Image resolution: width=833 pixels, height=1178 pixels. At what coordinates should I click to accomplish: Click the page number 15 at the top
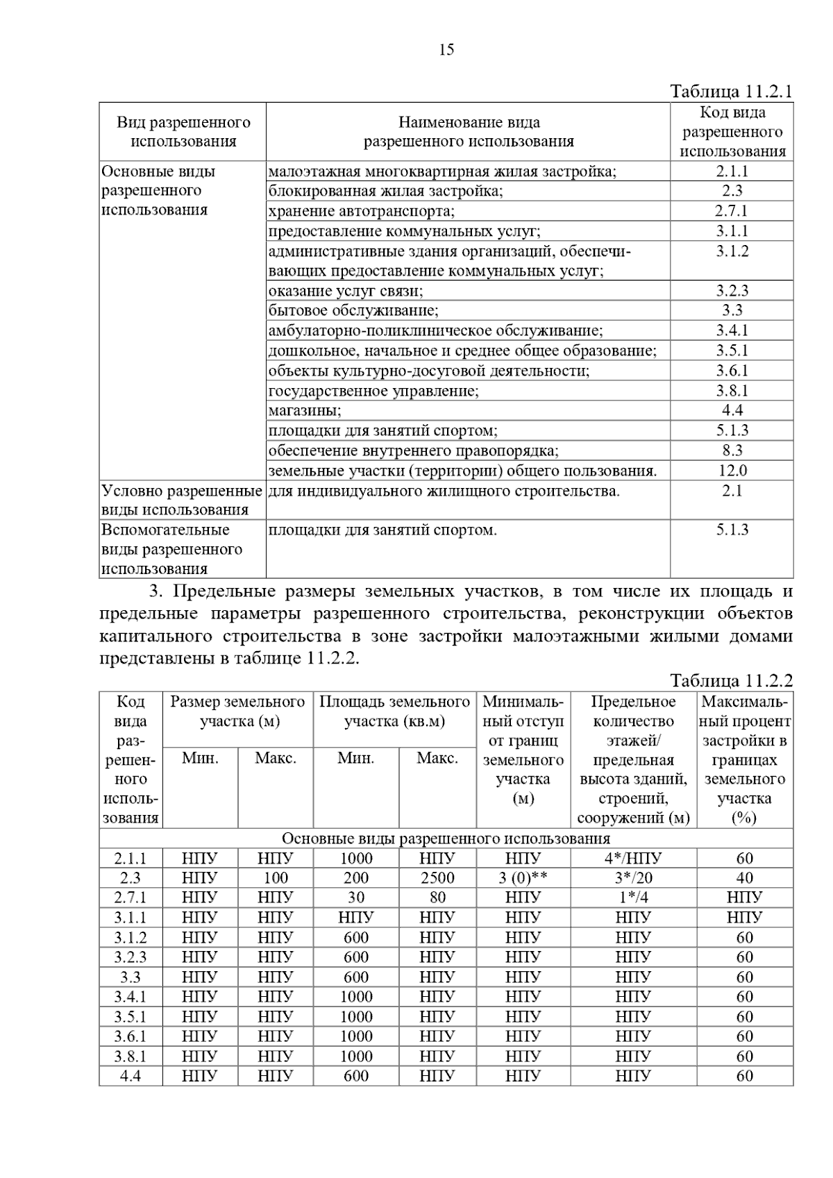click(x=446, y=49)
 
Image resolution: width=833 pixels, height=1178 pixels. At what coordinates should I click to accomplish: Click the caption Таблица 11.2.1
click(x=731, y=92)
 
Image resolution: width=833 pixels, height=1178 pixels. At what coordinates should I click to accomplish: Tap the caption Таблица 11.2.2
click(x=731, y=680)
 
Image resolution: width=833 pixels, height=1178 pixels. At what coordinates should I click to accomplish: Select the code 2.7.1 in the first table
click(x=732, y=211)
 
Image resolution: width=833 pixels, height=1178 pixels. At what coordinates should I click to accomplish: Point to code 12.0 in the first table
click(x=732, y=471)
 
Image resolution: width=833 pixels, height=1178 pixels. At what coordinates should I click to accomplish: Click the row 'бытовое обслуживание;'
click(x=353, y=310)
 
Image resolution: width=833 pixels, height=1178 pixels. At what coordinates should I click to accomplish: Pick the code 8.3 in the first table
click(x=732, y=451)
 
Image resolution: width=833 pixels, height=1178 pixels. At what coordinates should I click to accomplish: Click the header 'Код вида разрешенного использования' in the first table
click(x=732, y=132)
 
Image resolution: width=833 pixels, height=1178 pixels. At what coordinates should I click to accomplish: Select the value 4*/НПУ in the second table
click(x=632, y=858)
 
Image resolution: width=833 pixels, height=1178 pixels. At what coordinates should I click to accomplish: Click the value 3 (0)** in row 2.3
click(x=523, y=878)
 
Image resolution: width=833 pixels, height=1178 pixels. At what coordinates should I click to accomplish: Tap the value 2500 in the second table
click(x=437, y=878)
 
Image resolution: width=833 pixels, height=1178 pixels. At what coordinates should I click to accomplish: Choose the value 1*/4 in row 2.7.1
click(x=632, y=898)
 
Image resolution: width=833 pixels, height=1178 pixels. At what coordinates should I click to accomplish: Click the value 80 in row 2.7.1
click(x=437, y=898)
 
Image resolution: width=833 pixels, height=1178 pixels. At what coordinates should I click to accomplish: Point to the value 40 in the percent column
click(x=744, y=878)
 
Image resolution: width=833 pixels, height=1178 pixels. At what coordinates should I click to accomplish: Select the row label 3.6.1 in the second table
click(x=131, y=1036)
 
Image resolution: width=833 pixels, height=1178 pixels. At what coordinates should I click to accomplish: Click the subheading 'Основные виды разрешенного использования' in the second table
click(x=446, y=839)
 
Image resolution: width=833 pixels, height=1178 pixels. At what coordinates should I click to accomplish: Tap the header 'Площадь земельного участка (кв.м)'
click(x=394, y=712)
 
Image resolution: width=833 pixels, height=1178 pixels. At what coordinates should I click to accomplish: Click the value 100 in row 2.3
click(x=276, y=878)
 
